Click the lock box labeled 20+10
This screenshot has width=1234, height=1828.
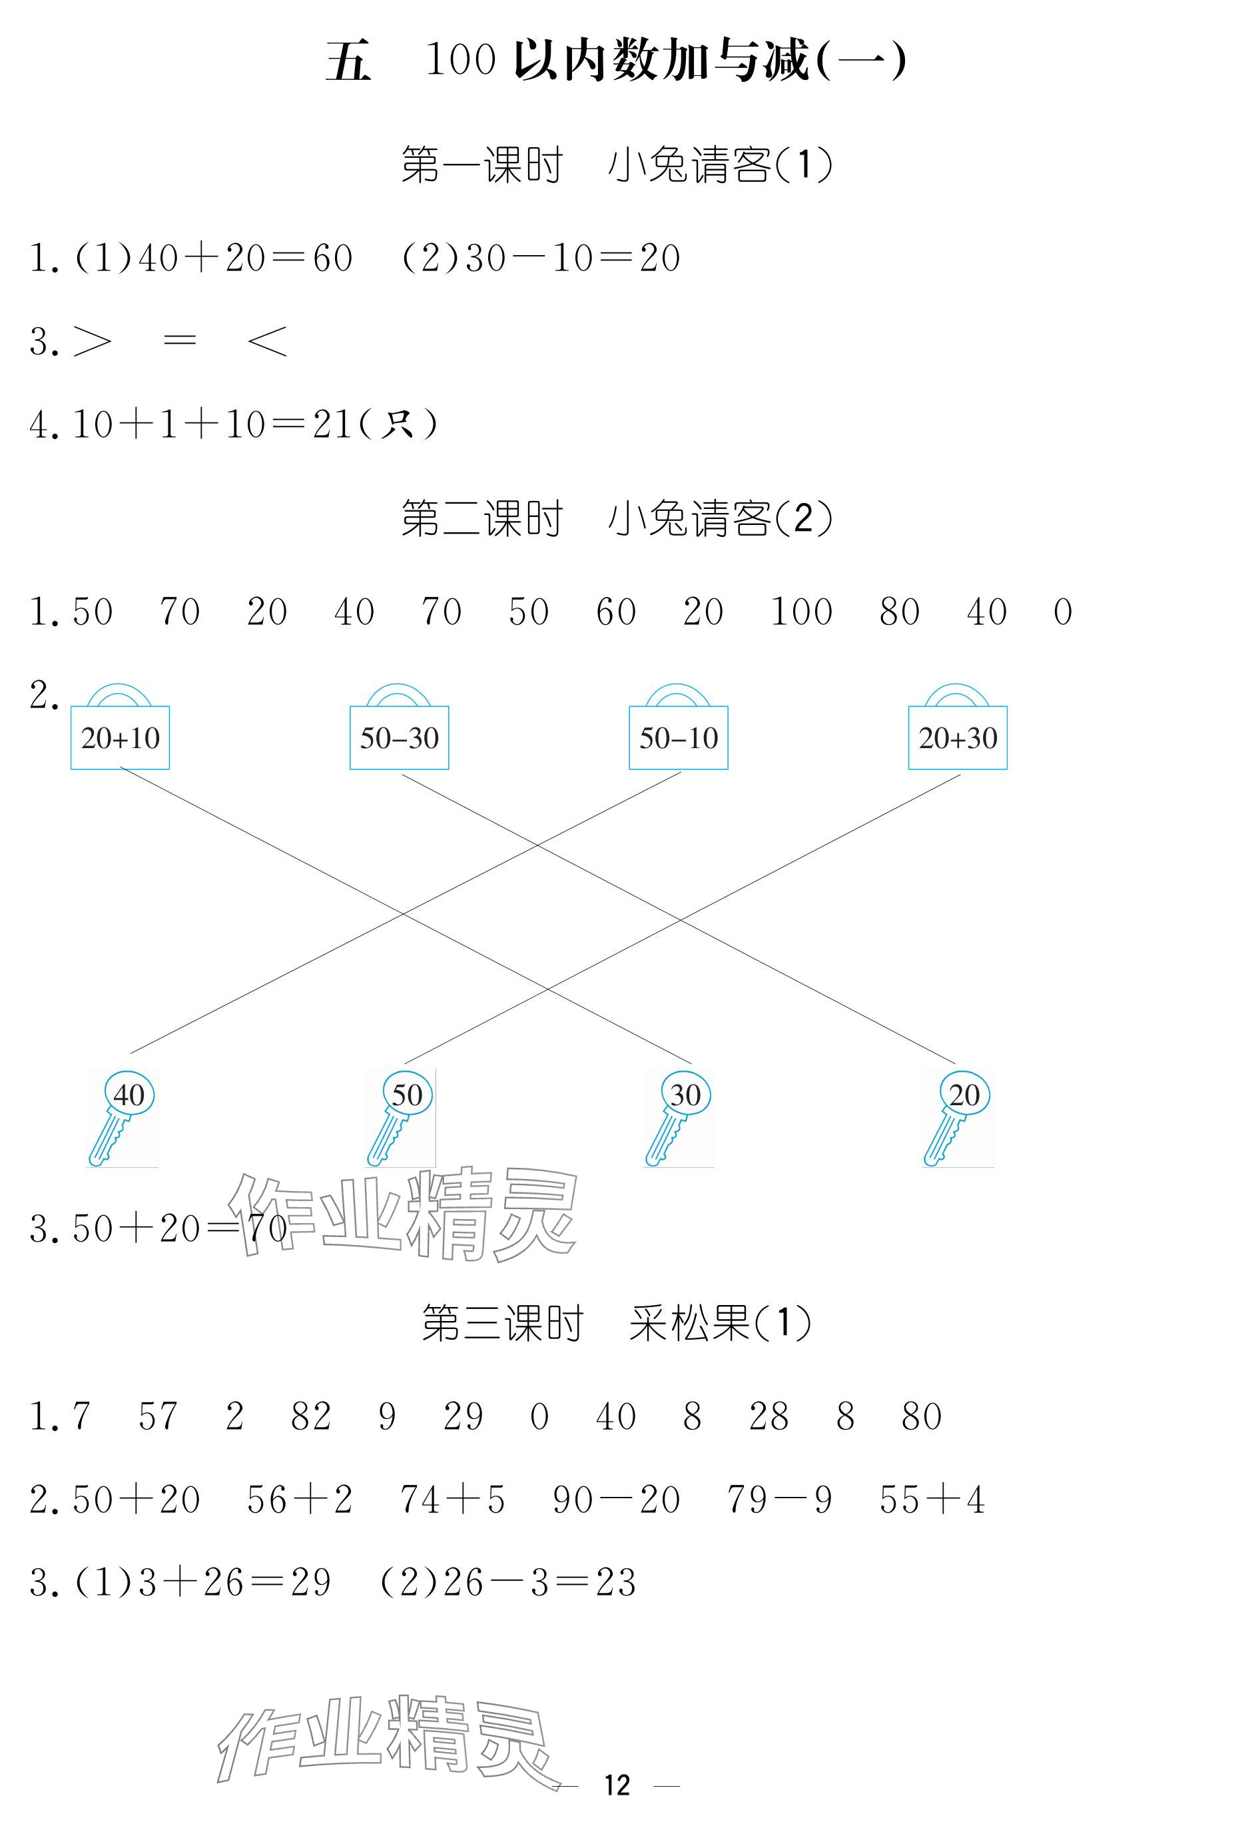pos(120,737)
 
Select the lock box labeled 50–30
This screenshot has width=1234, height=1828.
pos(399,737)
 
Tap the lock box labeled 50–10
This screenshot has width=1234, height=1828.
pos(678,737)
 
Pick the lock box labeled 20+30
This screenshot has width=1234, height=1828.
pos(957,737)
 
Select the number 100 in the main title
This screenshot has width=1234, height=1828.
pos(460,60)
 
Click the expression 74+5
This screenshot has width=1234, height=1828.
pos(452,1500)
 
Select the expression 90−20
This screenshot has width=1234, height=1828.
pos(616,1500)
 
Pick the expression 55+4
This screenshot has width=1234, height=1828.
pos(932,1500)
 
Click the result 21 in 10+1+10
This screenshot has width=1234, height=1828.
pos(331,425)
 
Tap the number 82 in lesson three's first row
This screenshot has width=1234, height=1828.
pos(310,1416)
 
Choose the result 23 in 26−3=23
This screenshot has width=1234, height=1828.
pos(615,1583)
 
